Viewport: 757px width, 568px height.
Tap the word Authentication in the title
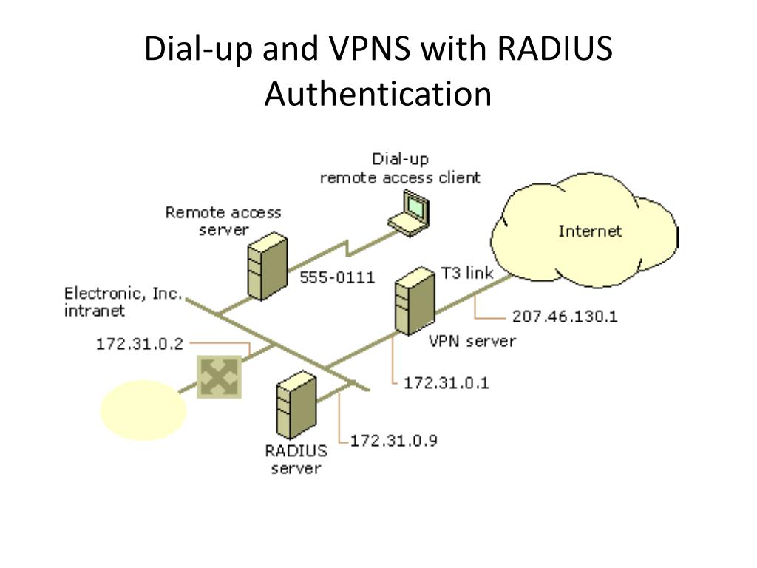pyautogui.click(x=378, y=95)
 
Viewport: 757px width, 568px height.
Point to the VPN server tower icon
pyautogui.click(x=412, y=302)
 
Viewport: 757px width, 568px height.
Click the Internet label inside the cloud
pyautogui.click(x=590, y=231)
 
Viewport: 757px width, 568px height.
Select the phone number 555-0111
pyautogui.click(x=337, y=278)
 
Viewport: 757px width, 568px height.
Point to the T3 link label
pyautogui.click(x=466, y=271)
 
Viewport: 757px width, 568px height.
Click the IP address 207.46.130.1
pyautogui.click(x=565, y=317)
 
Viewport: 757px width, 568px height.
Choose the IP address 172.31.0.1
pyautogui.click(x=447, y=383)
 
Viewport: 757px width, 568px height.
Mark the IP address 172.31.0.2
pyautogui.click(x=140, y=344)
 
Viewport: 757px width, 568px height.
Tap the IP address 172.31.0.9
pyautogui.click(x=394, y=440)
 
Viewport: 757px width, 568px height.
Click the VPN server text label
pyautogui.click(x=472, y=341)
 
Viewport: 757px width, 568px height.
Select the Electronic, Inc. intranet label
pyautogui.click(x=123, y=302)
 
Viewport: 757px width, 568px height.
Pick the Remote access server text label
pyautogui.click(x=223, y=221)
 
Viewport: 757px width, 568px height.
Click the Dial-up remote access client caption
pyautogui.click(x=400, y=169)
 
